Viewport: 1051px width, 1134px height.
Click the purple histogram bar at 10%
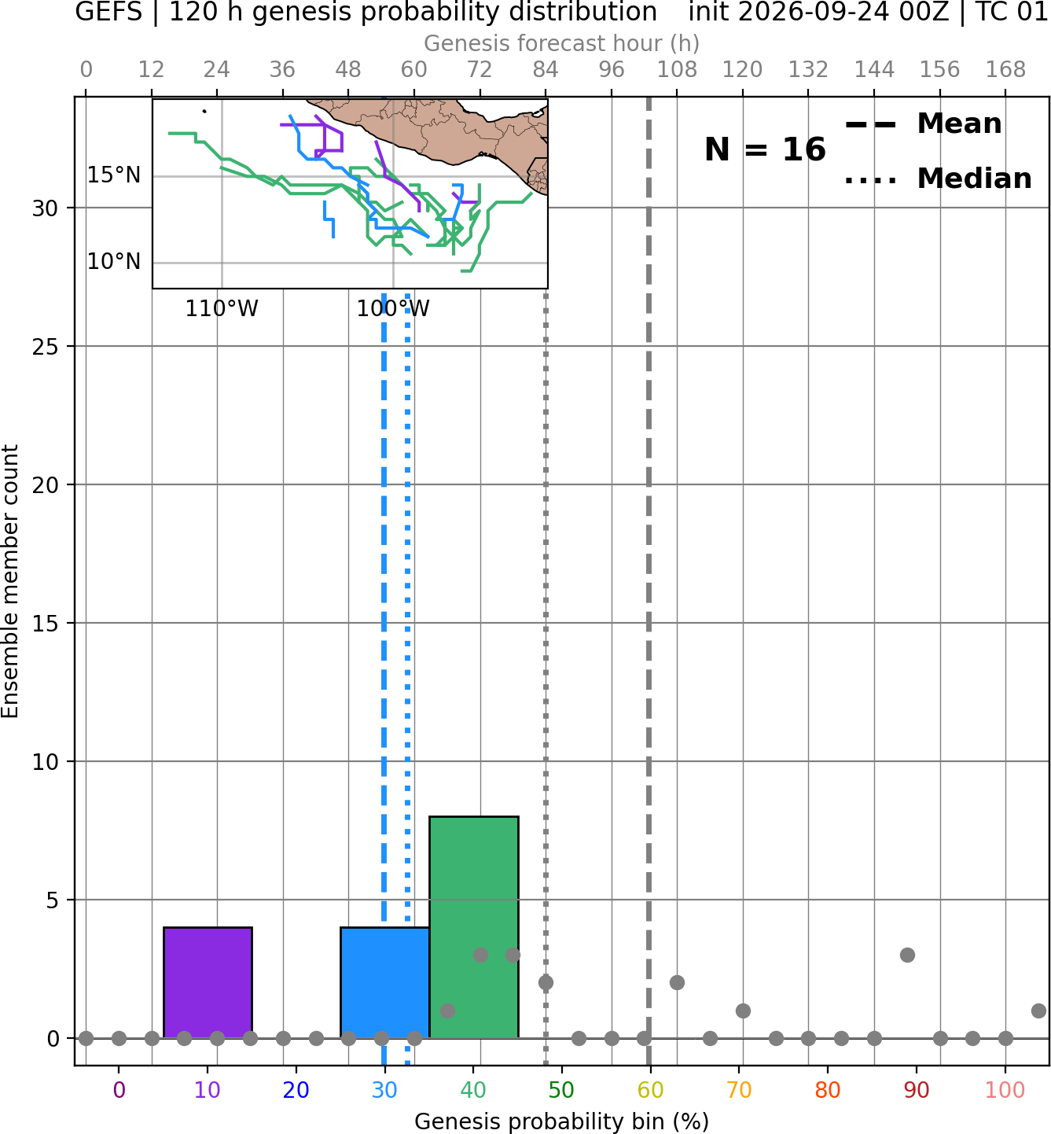[208, 982]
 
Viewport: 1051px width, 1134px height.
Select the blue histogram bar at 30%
[384, 982]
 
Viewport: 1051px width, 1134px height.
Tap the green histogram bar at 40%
[474, 926]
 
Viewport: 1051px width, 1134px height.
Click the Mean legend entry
[923, 124]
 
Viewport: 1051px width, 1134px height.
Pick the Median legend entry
[939, 179]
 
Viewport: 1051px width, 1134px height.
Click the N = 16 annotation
[765, 149]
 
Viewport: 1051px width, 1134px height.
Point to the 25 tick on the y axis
[45, 347]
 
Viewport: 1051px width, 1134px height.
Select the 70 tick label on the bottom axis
[739, 1090]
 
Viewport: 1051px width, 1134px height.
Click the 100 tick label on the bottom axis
[1005, 1090]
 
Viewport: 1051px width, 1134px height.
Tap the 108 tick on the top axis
[677, 70]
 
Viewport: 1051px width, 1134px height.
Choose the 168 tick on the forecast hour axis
[1005, 70]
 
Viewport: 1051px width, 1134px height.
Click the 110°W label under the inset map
[222, 309]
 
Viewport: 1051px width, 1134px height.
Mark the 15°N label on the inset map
[114, 175]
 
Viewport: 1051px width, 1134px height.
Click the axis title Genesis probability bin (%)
[562, 1121]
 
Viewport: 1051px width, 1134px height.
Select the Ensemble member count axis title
[9, 581]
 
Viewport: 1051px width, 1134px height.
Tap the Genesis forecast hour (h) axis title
[562, 43]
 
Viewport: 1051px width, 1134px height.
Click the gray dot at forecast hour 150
[907, 955]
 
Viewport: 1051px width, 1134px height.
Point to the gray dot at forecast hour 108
[677, 983]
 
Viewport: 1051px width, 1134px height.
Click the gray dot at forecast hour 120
[743, 1011]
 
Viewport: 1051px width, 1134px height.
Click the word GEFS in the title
[108, 12]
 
